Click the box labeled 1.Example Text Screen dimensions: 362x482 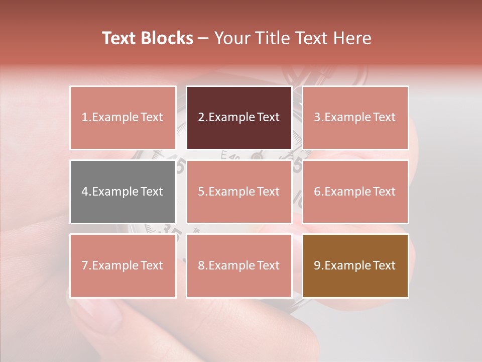tap(123, 118)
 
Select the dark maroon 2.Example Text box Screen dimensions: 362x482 tap(239, 118)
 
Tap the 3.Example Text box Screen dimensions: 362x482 tap(355, 118)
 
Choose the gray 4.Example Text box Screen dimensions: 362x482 tap(123, 192)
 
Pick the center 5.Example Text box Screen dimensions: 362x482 tap(239, 192)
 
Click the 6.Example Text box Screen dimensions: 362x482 tap(355, 192)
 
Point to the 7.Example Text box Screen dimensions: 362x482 tap(123, 265)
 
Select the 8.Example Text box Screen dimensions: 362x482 tap(239, 265)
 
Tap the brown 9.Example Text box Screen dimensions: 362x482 tap(355, 265)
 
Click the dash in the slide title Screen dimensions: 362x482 tap(203, 38)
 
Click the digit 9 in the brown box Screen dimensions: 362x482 tap(317, 265)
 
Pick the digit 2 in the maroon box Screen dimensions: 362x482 tap(201, 118)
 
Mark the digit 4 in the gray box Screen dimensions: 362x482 tap(85, 192)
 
